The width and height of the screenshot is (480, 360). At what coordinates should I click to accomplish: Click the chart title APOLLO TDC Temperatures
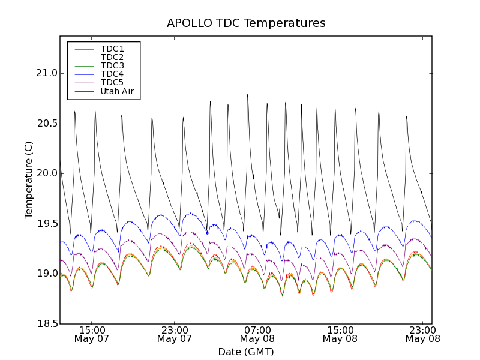tap(246, 23)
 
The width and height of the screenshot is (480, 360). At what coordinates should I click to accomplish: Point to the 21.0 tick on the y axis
tap(46, 73)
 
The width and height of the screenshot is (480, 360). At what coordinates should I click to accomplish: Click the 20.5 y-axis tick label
tap(46, 124)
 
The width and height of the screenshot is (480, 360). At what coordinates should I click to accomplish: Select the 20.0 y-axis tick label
tap(46, 173)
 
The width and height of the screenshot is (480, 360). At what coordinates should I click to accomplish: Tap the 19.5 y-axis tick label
tap(46, 224)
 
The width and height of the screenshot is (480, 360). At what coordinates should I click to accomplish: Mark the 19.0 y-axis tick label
tap(46, 274)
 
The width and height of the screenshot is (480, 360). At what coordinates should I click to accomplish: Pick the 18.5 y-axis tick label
tap(46, 324)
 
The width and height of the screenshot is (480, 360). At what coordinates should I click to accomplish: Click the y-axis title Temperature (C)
tap(29, 180)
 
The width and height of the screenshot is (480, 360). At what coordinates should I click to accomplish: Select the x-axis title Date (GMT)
tap(246, 352)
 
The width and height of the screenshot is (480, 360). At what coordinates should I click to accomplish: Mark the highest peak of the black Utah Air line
tap(247, 94)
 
